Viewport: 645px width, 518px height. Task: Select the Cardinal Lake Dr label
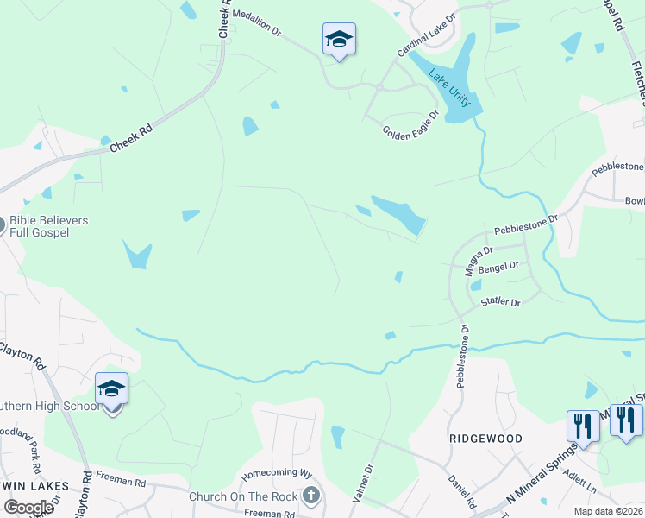[426, 36]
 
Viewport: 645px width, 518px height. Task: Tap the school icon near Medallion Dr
[340, 40]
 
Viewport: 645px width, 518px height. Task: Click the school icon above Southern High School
[112, 390]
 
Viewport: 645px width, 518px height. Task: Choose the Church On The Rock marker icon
[312, 496]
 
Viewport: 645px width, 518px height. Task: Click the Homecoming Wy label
[276, 473]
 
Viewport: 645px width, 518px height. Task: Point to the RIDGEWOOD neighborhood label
[486, 439]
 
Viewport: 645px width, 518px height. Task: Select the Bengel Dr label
[503, 269]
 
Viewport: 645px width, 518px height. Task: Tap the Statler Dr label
[501, 303]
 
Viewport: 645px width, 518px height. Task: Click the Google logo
[28, 508]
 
